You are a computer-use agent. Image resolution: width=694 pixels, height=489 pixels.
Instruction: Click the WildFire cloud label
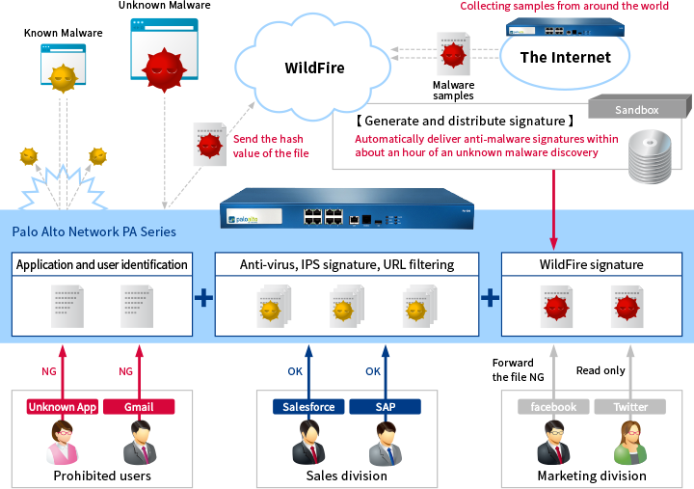click(314, 68)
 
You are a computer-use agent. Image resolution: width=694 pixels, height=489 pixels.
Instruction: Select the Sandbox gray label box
click(637, 110)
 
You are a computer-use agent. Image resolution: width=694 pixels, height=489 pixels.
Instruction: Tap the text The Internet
click(565, 57)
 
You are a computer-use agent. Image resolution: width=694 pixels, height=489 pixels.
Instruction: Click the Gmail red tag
click(138, 407)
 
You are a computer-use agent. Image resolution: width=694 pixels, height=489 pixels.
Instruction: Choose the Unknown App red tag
click(62, 407)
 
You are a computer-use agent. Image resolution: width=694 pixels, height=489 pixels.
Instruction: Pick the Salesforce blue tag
click(308, 407)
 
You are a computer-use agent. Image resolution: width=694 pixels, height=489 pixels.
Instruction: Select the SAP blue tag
click(385, 407)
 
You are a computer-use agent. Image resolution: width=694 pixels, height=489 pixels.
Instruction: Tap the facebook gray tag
click(552, 407)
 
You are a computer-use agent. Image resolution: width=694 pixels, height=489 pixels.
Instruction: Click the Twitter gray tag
click(630, 407)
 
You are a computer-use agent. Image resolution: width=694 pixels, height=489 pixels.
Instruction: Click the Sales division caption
click(346, 475)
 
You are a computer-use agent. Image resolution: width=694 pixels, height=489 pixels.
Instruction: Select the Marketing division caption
click(592, 475)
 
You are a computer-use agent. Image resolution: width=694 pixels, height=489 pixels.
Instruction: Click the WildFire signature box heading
click(592, 264)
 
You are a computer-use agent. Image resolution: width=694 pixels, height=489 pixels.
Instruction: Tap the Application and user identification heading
click(102, 264)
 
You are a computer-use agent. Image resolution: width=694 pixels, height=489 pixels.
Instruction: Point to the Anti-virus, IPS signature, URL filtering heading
click(346, 264)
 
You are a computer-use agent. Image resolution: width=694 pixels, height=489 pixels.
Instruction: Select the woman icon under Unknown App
click(62, 444)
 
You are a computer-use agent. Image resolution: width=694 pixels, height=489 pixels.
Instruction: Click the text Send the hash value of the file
click(270, 146)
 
